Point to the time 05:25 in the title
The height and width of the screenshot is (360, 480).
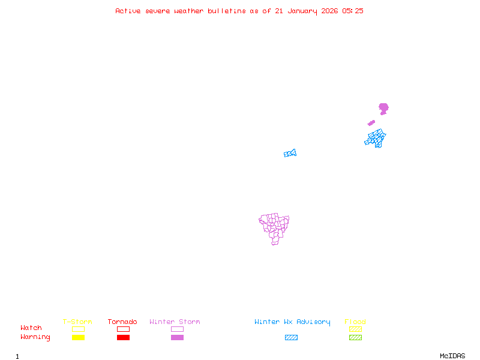coord(353,11)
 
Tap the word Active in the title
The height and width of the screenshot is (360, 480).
coord(128,11)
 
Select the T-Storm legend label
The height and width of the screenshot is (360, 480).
coord(77,322)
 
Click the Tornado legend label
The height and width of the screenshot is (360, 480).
coord(122,322)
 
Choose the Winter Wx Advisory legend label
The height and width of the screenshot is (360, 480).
coord(292,322)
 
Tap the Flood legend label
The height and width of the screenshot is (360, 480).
coord(355,322)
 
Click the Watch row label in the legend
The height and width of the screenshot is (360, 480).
coord(31,328)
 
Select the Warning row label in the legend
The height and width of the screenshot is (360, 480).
coord(35,337)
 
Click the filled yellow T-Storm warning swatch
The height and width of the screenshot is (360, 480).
coord(78,338)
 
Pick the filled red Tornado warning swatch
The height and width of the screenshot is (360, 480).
coord(123,338)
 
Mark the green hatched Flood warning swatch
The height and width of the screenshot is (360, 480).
coord(355,338)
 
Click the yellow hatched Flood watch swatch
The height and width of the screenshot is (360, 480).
coord(355,329)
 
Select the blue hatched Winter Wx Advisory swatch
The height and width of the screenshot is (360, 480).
coord(291,338)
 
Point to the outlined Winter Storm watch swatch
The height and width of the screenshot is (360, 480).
coord(177,329)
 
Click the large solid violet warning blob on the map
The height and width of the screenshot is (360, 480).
coord(383,108)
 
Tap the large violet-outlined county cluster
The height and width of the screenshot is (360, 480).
coord(274,227)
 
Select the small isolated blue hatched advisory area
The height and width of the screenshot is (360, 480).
coord(290,154)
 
